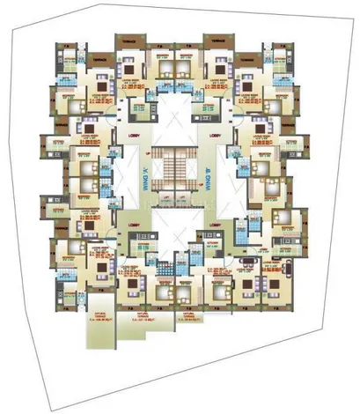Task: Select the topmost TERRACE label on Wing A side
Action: coord(129,41)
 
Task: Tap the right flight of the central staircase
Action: coord(187,168)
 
